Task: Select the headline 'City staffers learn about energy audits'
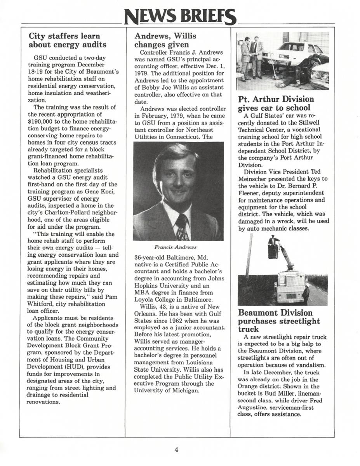(x=67, y=40)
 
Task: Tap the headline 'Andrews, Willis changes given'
(x=165, y=40)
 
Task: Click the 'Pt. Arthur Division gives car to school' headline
(x=276, y=103)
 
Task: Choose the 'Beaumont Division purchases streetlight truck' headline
(x=279, y=321)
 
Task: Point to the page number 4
(x=176, y=450)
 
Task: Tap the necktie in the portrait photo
(x=182, y=227)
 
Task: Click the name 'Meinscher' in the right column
(x=255, y=179)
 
